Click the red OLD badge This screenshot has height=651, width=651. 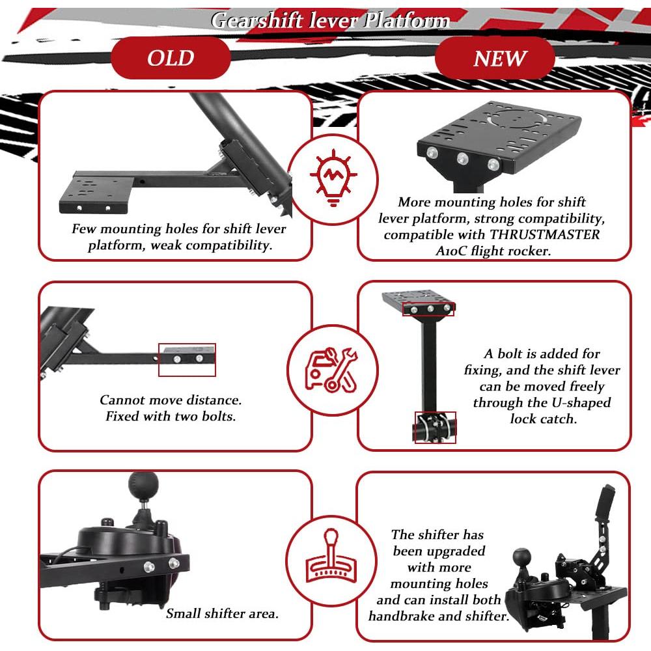(171, 59)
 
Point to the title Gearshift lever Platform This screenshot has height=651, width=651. (331, 21)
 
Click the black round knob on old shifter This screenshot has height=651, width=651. (143, 484)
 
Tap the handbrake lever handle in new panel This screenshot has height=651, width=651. (607, 497)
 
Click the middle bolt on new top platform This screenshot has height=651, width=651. (464, 158)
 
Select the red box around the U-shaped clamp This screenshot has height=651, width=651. (435, 428)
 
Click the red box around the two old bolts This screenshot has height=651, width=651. (187, 360)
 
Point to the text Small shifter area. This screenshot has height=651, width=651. (222, 613)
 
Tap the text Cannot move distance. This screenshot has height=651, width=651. (171, 400)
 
